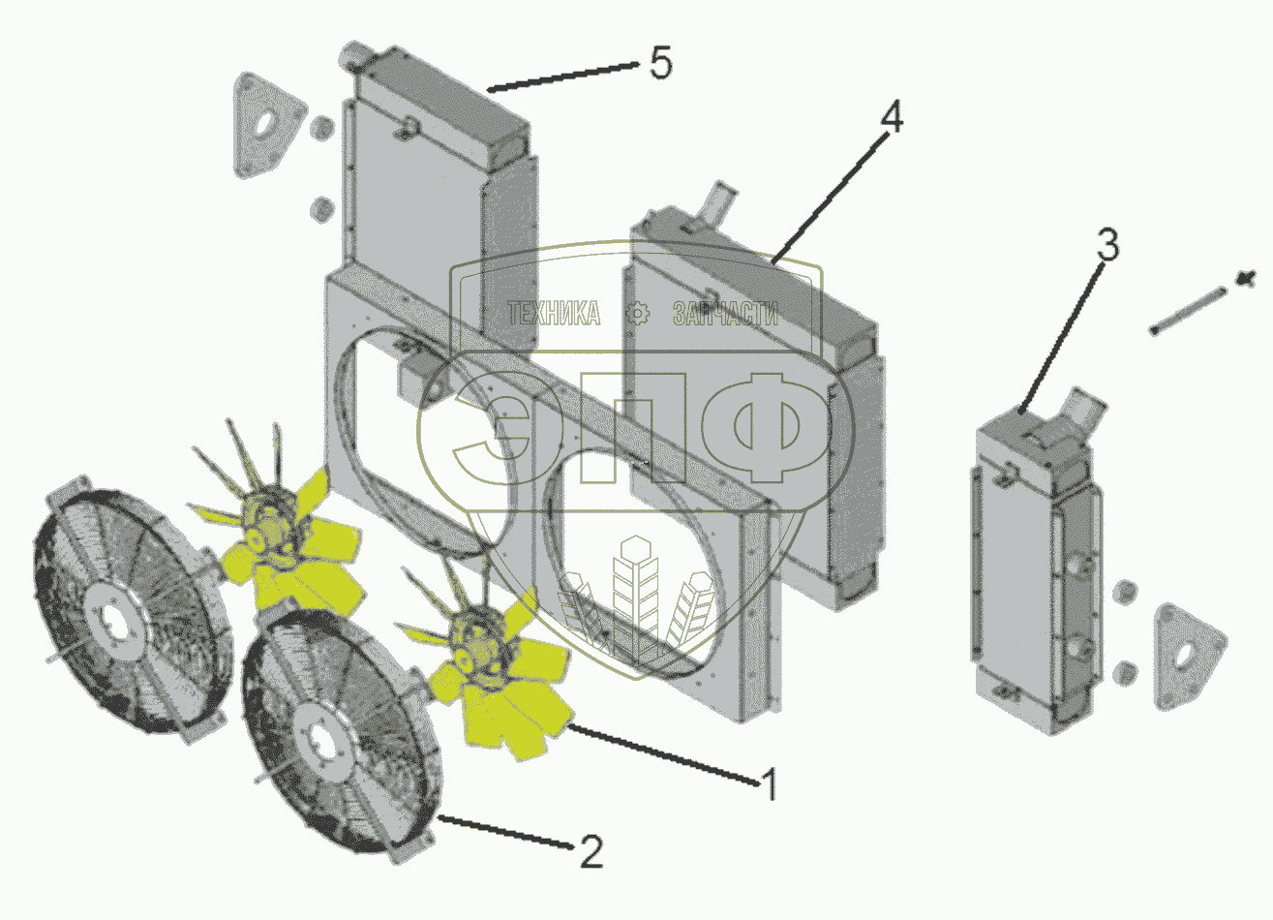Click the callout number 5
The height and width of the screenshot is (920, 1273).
tap(661, 63)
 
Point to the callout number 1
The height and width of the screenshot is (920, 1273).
tap(770, 784)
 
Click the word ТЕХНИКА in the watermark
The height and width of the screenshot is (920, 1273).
tap(554, 314)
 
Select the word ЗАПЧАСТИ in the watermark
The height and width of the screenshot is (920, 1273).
tap(726, 314)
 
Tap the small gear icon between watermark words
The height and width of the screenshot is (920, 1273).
tap(637, 314)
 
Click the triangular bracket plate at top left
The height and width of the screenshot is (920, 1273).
tap(267, 125)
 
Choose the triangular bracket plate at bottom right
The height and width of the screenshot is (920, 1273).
tap(1189, 657)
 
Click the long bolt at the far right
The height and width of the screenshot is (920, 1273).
tap(1188, 312)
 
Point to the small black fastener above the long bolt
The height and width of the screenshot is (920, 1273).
tap(1246, 279)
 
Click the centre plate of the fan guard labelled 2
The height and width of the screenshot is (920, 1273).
tap(323, 748)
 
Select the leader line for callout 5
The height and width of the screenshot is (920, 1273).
tap(562, 77)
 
